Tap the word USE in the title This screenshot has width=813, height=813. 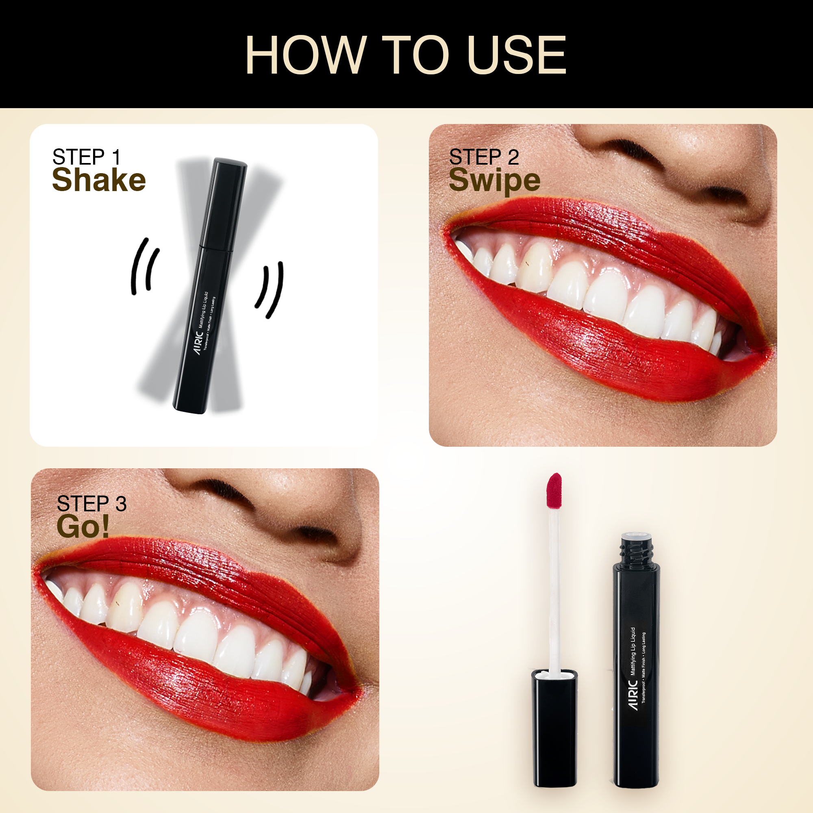point(517,55)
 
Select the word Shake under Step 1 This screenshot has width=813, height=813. point(99,180)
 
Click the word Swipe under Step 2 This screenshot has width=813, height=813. point(494,181)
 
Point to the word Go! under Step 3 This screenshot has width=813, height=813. point(83,526)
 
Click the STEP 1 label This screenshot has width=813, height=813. point(86,157)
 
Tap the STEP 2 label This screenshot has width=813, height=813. point(484,157)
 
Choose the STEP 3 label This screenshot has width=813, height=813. point(92,504)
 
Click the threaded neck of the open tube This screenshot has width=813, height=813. point(636,550)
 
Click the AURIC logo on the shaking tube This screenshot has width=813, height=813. point(199,343)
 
